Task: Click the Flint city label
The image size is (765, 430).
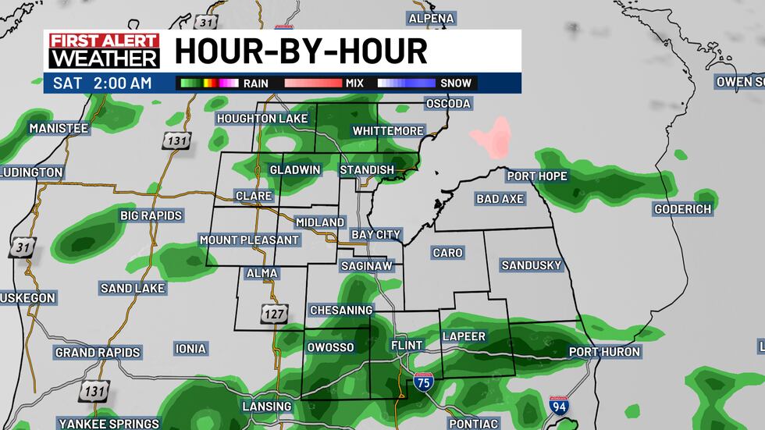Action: click(x=406, y=345)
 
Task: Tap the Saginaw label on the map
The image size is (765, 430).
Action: click(x=366, y=266)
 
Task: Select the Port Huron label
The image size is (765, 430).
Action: click(x=604, y=352)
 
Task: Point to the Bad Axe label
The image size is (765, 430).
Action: click(x=500, y=199)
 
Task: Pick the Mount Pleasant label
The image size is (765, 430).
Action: click(x=249, y=240)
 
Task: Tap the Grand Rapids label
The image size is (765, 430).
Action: click(x=98, y=353)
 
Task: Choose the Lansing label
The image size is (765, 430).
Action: click(x=268, y=407)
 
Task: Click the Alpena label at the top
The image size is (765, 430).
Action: click(x=432, y=18)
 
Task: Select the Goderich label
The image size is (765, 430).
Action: click(x=683, y=209)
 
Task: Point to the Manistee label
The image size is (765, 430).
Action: click(x=59, y=128)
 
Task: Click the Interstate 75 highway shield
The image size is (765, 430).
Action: click(x=422, y=382)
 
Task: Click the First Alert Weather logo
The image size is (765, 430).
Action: click(x=104, y=51)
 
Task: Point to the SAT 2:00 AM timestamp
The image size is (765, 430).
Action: click(x=102, y=83)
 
